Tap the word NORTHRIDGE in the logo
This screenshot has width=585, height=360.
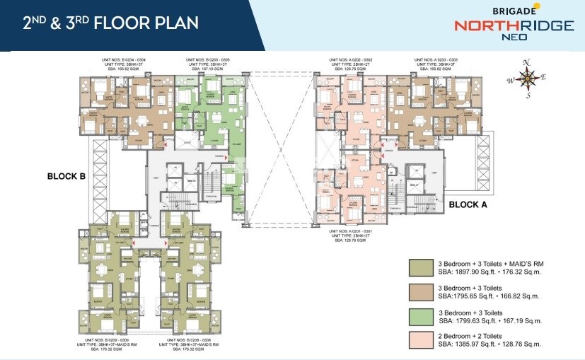513,25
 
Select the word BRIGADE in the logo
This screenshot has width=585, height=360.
511,10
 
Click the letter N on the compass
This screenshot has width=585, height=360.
526,63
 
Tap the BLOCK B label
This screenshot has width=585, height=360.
66,177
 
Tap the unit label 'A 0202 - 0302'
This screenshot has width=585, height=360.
352,60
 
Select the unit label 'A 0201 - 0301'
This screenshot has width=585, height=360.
352,231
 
